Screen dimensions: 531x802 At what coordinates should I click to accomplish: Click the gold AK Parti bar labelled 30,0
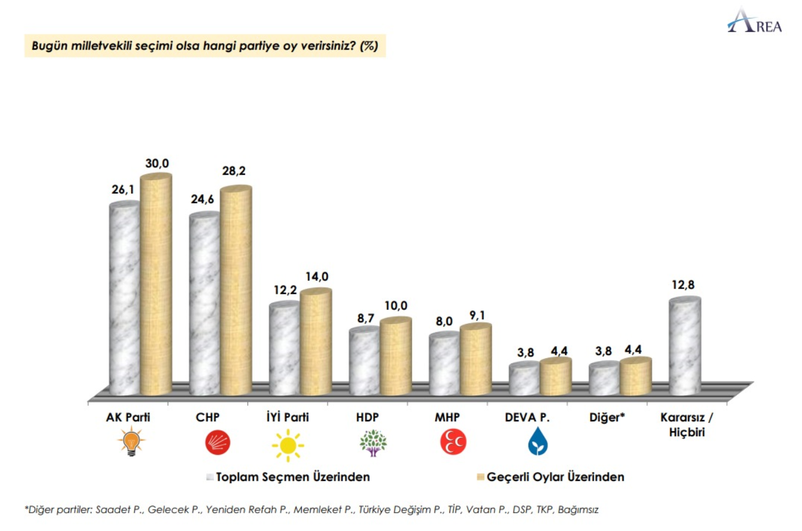156,286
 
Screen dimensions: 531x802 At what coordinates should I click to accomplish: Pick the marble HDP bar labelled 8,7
364,362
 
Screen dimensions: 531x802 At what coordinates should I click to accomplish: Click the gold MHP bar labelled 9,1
476,360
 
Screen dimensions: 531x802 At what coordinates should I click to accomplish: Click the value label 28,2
234,171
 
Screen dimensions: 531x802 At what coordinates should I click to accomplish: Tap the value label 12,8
683,285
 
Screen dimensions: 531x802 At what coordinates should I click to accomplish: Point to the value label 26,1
123,189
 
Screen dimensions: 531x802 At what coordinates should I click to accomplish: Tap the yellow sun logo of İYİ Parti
288,444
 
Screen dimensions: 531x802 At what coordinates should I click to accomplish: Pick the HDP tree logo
373,442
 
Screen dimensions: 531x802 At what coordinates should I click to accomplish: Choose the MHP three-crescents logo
453,442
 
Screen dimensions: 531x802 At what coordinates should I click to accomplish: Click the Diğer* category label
607,417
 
